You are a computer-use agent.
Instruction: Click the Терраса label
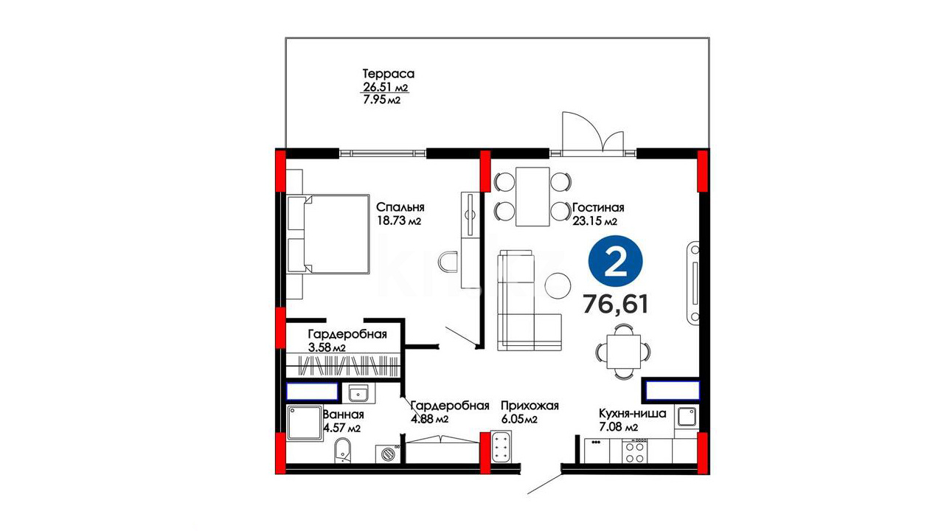point(389,74)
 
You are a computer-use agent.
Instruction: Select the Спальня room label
point(400,207)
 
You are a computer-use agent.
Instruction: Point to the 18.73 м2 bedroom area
point(399,221)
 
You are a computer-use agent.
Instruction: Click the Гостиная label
point(598,207)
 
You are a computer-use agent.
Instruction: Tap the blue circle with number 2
point(615,262)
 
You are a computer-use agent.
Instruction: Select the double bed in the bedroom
point(328,234)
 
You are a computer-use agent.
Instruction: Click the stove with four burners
point(635,451)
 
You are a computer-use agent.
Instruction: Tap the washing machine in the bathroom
point(388,454)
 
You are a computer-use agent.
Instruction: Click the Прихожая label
point(530,406)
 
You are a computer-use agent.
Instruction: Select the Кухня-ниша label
point(632,414)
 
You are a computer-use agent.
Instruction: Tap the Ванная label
point(343,414)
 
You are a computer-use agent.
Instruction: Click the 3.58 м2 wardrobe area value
point(327,347)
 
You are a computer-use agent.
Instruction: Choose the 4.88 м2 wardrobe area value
point(429,420)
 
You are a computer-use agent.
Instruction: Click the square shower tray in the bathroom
point(305,423)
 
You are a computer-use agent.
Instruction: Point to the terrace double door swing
point(593,131)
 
